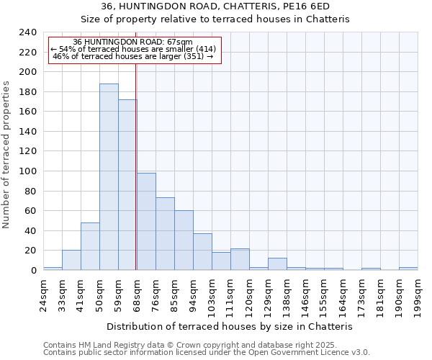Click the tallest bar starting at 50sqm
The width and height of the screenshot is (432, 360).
point(109,177)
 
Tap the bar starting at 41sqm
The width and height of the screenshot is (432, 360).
point(90,246)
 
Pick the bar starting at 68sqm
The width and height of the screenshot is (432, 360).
point(146,222)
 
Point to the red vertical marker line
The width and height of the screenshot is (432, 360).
point(135,166)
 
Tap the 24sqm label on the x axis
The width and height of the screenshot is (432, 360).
point(43,292)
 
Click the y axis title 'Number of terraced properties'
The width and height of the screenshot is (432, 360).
point(7,155)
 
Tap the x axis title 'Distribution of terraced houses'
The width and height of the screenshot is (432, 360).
point(234,326)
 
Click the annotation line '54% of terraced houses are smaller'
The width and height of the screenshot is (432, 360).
point(133,49)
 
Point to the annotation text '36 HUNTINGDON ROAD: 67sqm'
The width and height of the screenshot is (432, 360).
point(133,42)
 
